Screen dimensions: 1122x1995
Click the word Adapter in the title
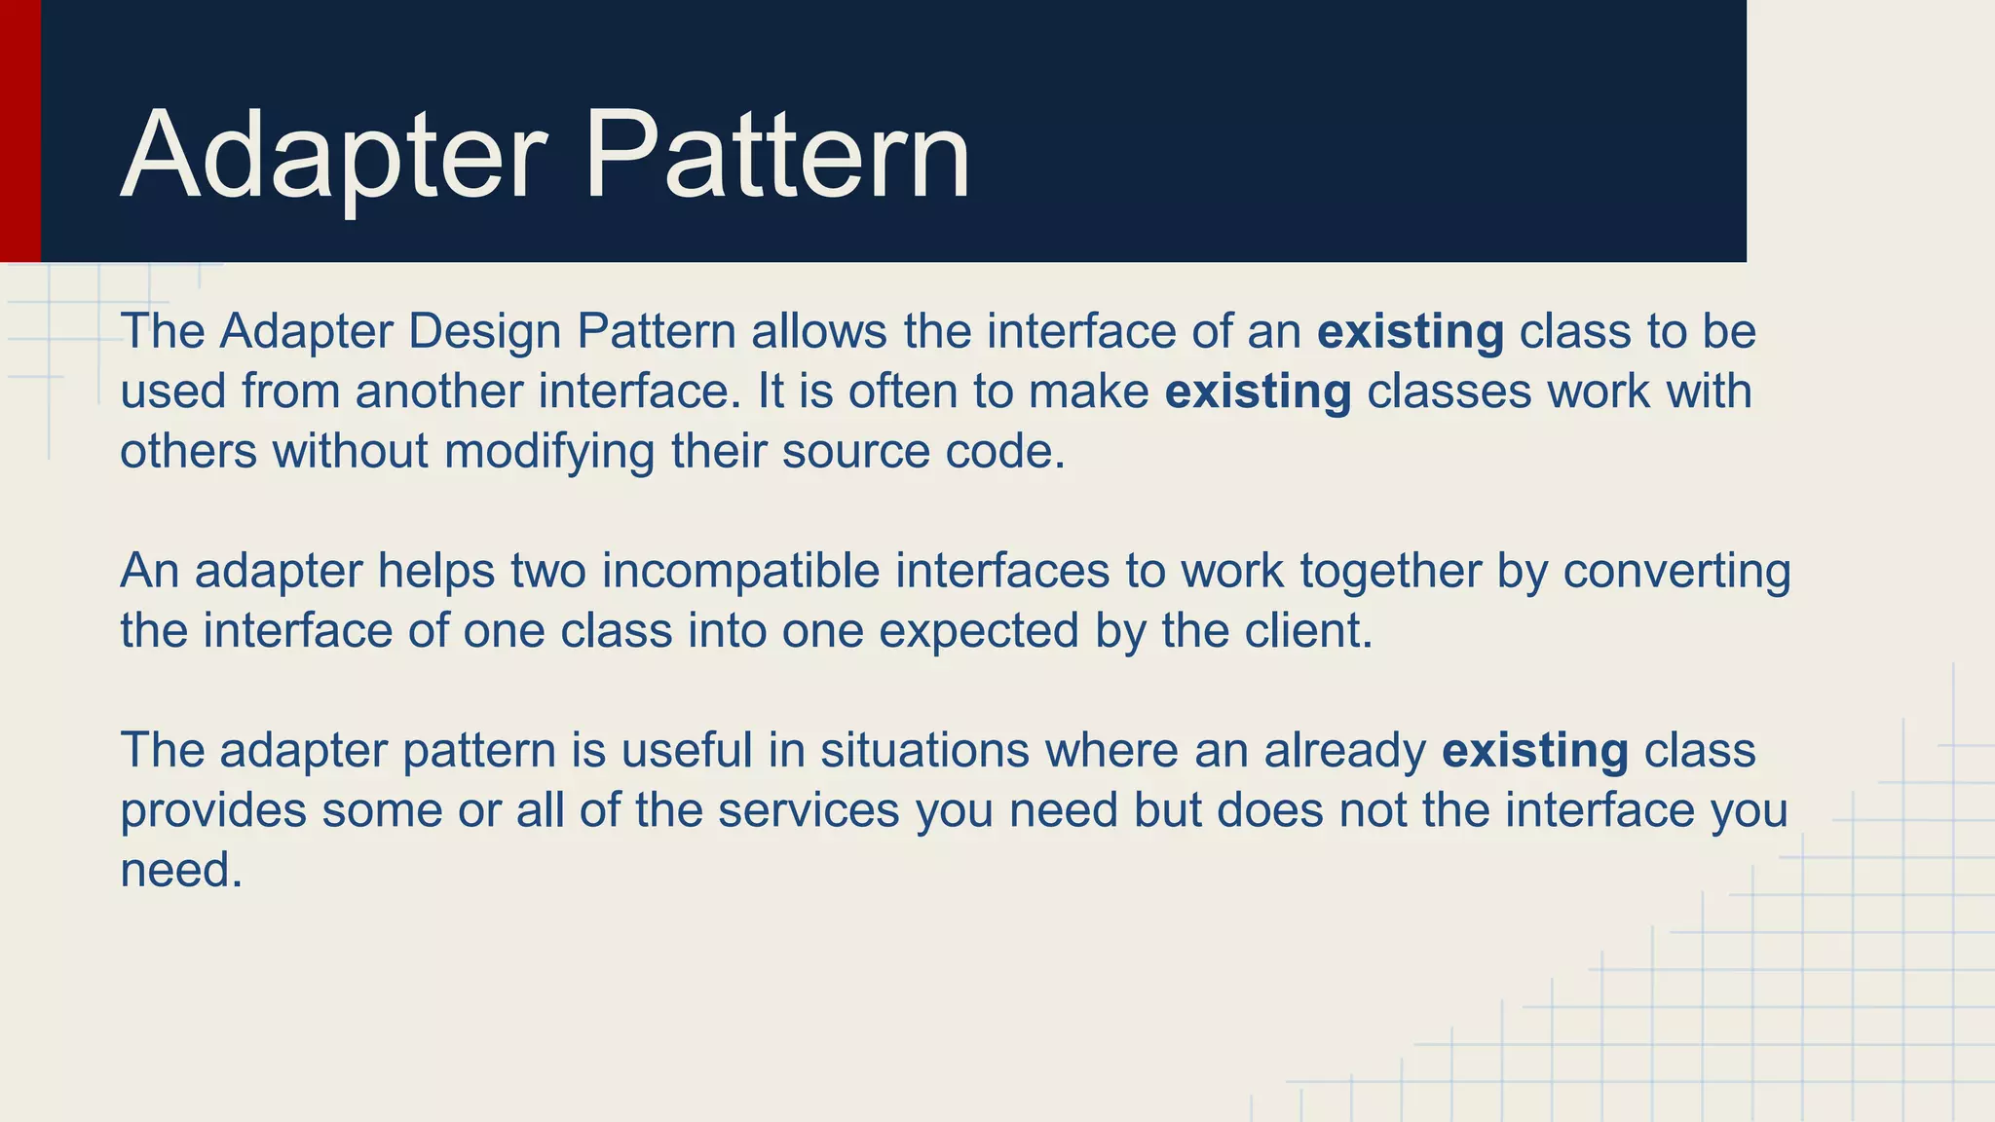[331, 156]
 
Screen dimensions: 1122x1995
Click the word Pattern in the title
[776, 156]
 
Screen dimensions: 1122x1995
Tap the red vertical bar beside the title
[19, 131]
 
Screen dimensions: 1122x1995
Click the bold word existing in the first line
[1410, 331]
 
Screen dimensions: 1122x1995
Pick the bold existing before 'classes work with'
[1258, 392]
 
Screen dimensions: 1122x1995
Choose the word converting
[1676, 571]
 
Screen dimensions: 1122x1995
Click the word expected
[978, 631]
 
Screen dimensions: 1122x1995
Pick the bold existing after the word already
[1534, 751]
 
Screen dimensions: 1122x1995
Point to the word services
[809, 810]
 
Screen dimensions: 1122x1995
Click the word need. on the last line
[181, 870]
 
